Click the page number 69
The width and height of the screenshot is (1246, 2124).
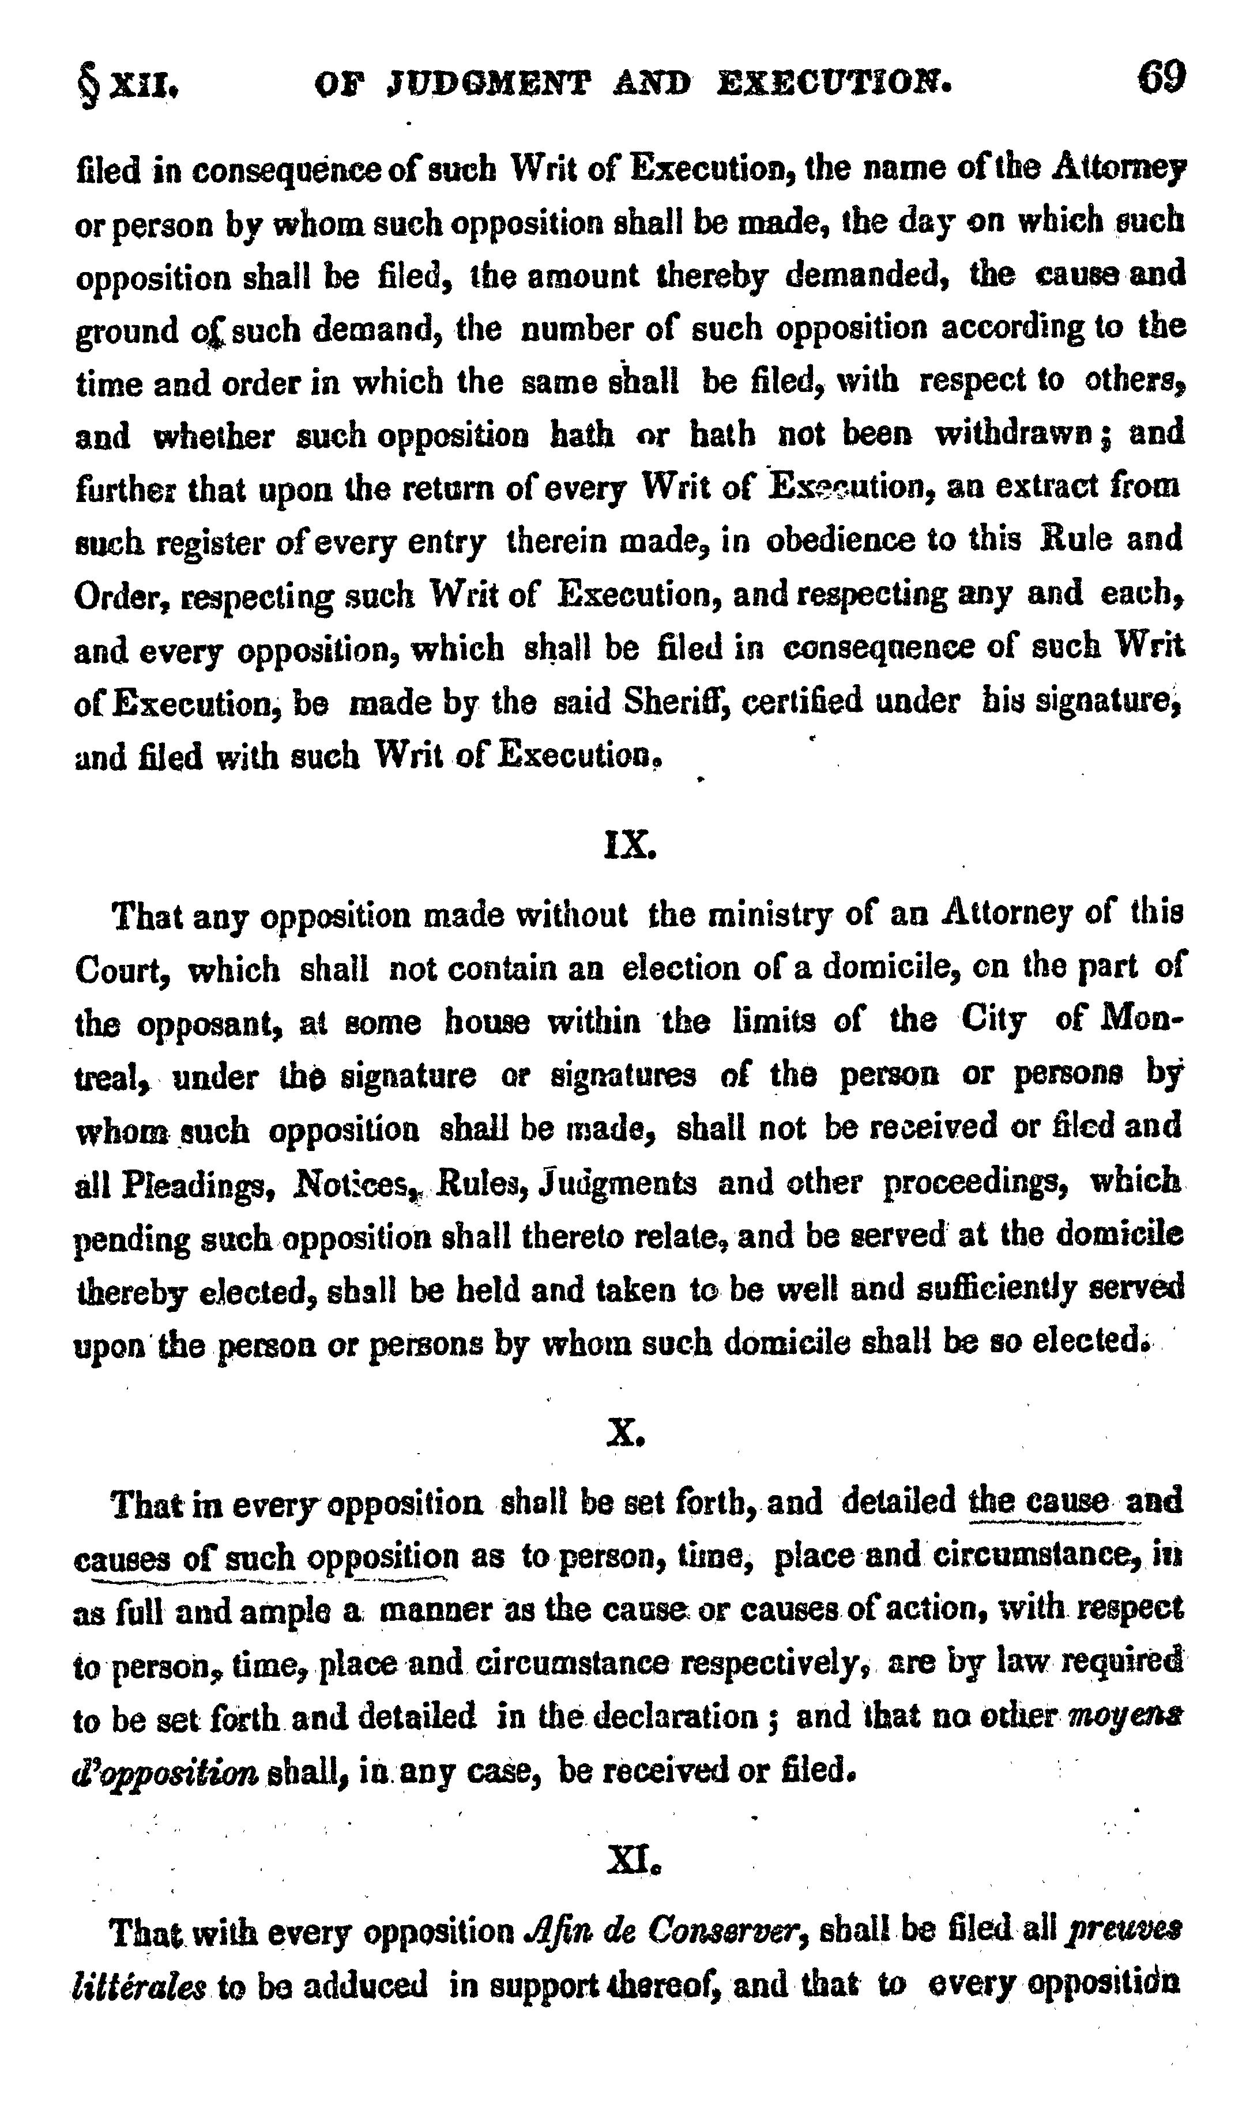click(1162, 78)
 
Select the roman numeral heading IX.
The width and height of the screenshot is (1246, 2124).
click(630, 844)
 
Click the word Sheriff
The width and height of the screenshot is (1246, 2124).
click(671, 701)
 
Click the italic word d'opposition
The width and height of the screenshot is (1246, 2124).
click(164, 1772)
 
